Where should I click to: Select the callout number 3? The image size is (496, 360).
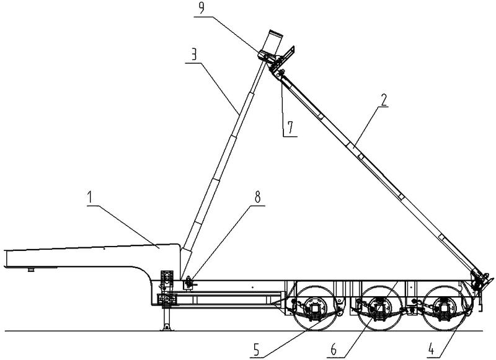pyautogui.click(x=195, y=55)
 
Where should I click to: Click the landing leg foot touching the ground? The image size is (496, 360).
pyautogui.click(x=166, y=328)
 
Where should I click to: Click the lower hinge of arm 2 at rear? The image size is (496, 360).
pyautogui.click(x=476, y=279)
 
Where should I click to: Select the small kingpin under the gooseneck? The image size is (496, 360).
pyautogui.click(x=30, y=270)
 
